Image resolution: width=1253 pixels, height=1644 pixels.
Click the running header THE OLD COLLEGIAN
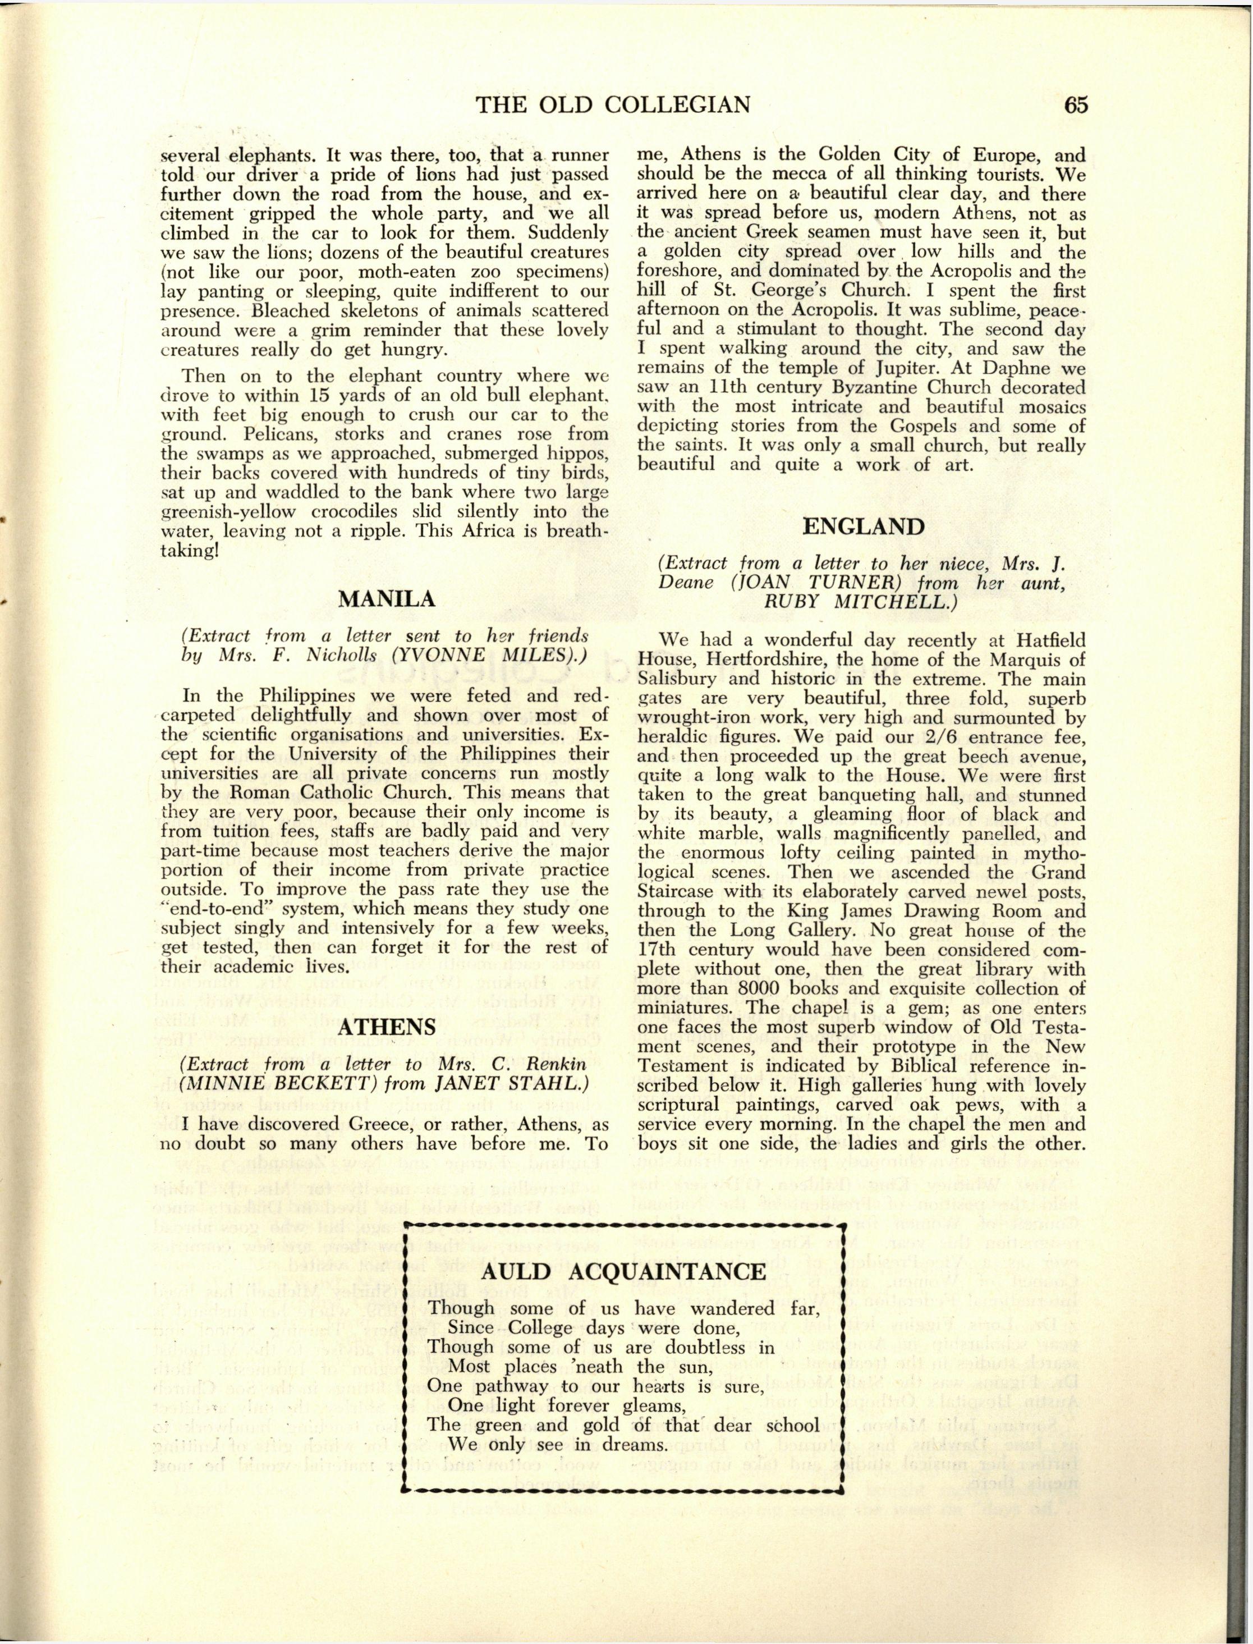click(x=613, y=105)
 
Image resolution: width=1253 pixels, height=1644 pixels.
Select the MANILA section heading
click(x=387, y=599)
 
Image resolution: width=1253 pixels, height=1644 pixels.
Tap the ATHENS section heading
click(x=387, y=1027)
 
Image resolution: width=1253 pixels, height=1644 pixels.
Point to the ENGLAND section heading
click(x=863, y=526)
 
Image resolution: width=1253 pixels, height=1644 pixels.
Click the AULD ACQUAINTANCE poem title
click(x=623, y=1272)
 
